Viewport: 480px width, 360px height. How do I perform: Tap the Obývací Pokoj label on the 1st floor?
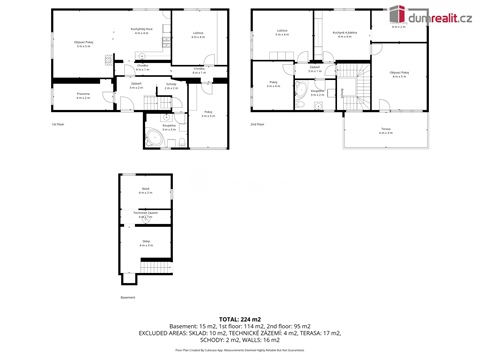(x=84, y=43)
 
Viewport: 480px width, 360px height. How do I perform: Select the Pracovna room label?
(x=84, y=95)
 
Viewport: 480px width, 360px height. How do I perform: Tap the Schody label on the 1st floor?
(x=171, y=84)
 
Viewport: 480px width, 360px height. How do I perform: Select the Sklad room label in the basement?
(x=145, y=189)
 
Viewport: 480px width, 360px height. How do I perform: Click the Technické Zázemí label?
(x=145, y=214)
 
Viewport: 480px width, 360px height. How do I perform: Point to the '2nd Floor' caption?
(x=258, y=124)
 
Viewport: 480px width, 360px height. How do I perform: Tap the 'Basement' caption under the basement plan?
(x=127, y=297)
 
